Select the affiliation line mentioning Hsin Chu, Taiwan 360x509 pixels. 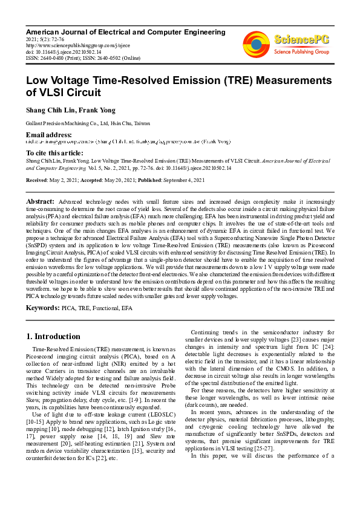[x=87, y=123]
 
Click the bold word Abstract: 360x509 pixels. [x=41, y=201]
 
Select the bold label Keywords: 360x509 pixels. [x=42, y=308]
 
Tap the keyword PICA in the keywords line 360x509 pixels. [x=69, y=308]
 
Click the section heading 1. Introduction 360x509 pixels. [x=54, y=336]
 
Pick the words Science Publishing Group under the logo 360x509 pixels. [x=301, y=52]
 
